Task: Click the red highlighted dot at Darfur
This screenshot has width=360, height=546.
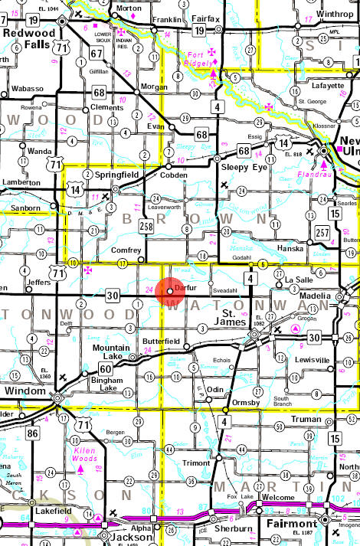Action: [169, 291]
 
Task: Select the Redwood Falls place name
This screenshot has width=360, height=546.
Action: [24, 37]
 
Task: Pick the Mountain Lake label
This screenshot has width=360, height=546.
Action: [112, 351]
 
